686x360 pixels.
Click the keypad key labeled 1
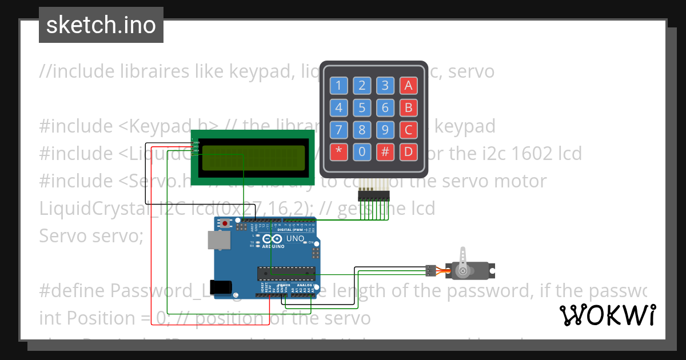click(x=338, y=86)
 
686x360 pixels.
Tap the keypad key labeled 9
click(x=385, y=130)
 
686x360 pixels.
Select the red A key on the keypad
click(x=408, y=86)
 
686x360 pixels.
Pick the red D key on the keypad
click(x=408, y=152)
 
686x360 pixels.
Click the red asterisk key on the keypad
click(x=338, y=152)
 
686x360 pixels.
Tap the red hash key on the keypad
click(x=385, y=152)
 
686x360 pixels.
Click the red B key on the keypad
click(x=408, y=107)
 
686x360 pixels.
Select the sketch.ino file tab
click(x=101, y=25)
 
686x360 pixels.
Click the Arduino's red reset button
click(x=226, y=223)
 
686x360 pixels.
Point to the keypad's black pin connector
click(x=373, y=195)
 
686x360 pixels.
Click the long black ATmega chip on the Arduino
click(x=286, y=275)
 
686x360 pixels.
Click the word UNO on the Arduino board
click(x=294, y=239)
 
